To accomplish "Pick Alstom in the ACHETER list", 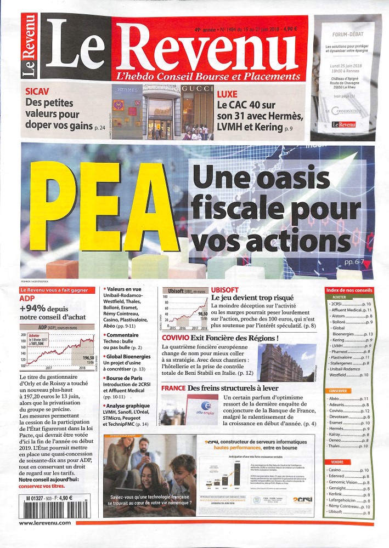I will [338, 316].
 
